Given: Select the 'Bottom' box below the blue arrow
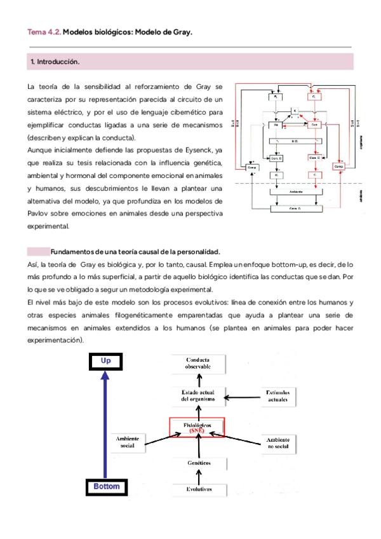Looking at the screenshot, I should coord(105,487).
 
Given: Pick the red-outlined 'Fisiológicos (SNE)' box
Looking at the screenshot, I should coord(197,427).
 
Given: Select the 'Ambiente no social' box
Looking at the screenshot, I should coord(277,443).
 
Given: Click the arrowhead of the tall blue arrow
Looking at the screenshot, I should coord(105,378).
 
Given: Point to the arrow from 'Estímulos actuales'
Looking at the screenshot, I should coord(243,397).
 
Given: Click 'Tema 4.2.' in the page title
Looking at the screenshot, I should coord(44,32).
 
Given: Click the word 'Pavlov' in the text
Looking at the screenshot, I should coord(38,214).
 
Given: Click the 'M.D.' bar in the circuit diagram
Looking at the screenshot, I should coord(294,141).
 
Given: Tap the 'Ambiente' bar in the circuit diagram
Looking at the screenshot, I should coord(295,191).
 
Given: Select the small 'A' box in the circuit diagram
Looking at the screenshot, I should coord(294,111).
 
